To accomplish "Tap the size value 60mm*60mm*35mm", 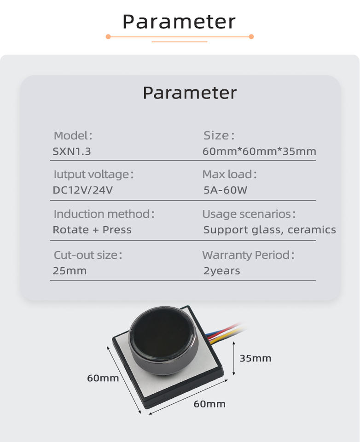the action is [259, 151].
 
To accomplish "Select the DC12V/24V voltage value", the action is [82, 190].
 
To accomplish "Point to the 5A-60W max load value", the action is [225, 190].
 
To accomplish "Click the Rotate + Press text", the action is [92, 230].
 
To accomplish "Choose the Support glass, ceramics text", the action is [269, 230].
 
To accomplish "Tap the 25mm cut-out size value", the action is [70, 271].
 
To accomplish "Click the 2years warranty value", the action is [221, 271].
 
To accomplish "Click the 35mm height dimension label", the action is [255, 358].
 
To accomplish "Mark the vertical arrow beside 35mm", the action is [234, 358].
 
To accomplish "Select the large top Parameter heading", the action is [179, 22].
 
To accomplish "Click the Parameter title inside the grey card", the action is [189, 93].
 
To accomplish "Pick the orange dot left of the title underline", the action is [108, 36].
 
